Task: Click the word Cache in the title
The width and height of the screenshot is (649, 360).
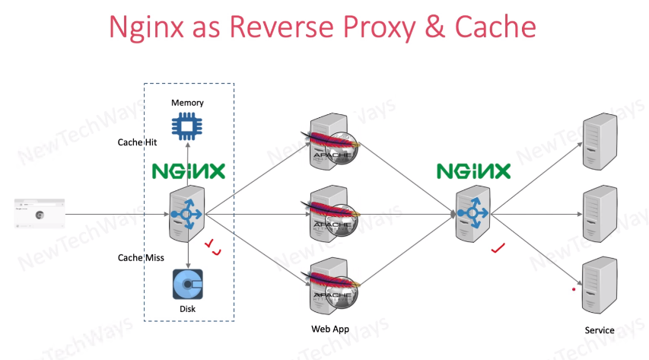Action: tap(495, 27)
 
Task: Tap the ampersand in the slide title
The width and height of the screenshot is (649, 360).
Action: tap(432, 27)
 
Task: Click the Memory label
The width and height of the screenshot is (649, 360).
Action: tap(187, 103)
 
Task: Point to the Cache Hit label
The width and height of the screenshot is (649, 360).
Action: tap(138, 142)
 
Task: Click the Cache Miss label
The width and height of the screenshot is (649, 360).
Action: tap(142, 257)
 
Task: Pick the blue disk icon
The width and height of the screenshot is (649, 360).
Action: tap(187, 285)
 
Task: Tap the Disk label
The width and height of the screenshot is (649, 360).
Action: tap(187, 309)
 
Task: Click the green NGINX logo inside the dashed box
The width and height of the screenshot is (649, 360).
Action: tap(188, 170)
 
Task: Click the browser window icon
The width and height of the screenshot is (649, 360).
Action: tap(39, 214)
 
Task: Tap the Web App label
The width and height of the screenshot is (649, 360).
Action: tap(329, 329)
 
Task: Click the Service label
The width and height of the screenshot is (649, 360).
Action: tap(600, 330)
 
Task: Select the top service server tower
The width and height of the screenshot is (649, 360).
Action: tap(599, 142)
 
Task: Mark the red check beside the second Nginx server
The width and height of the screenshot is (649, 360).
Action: tap(498, 248)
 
